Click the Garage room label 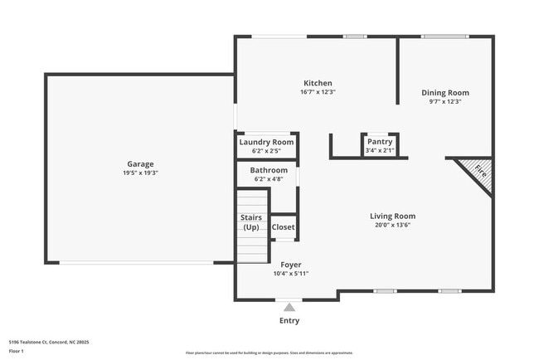[x=140, y=164]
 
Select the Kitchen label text [x=318, y=83]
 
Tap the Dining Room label [x=445, y=93]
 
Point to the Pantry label [x=379, y=142]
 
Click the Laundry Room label [x=266, y=142]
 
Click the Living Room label [x=392, y=216]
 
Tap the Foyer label [x=290, y=265]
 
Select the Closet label [x=284, y=226]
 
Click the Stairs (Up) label [x=251, y=222]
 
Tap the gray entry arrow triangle [x=289, y=308]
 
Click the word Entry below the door [x=289, y=321]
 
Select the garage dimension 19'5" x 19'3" [x=140, y=173]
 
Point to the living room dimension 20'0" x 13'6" [x=392, y=226]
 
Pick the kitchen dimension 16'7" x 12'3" [x=318, y=92]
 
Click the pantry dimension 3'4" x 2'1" [x=379, y=151]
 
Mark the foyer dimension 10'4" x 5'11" [x=290, y=274]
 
